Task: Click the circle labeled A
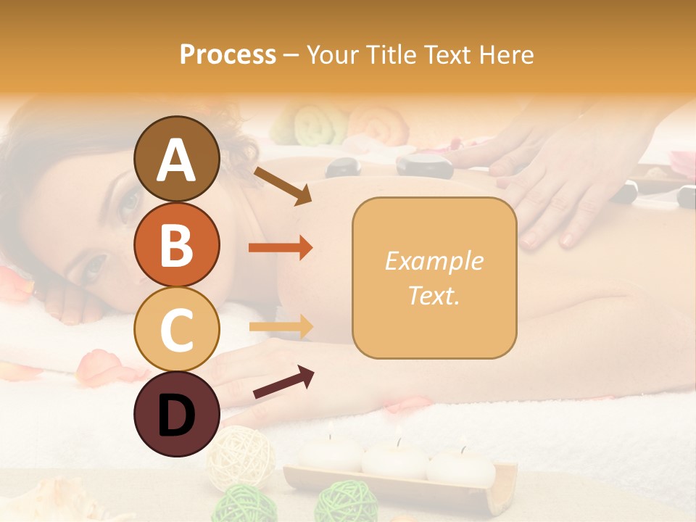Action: (x=176, y=159)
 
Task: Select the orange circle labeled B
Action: (x=176, y=244)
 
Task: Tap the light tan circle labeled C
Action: (x=176, y=329)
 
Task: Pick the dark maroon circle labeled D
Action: (x=176, y=414)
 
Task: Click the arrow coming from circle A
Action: (x=283, y=186)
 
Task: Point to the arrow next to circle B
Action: (x=281, y=248)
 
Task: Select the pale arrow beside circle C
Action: (x=281, y=327)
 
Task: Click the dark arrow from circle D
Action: (x=283, y=382)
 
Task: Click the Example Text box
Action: (x=434, y=278)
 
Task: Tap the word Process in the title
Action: (x=228, y=54)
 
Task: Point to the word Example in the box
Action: (x=434, y=261)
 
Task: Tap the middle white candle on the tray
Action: (x=395, y=456)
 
